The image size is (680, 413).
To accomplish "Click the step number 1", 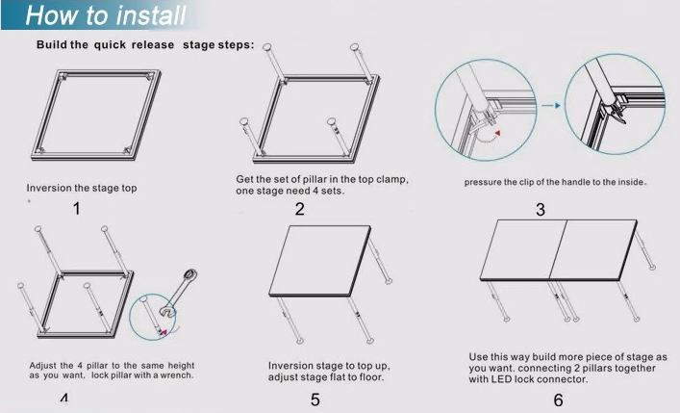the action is click(77, 209).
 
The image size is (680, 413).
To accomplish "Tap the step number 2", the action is click(300, 209).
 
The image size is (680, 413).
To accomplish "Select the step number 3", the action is click(540, 210).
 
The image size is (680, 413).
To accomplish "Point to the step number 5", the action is click(315, 400).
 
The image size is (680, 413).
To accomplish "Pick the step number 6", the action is click(559, 400).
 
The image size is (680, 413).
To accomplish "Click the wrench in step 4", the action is click(178, 292).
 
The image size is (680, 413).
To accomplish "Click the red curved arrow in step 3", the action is click(489, 137).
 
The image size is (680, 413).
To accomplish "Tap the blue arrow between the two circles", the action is click(551, 106).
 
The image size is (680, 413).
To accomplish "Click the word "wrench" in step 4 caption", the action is click(178, 375).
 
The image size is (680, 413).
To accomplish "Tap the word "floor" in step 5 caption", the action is click(371, 377).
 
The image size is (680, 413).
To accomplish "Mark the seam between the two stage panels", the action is click(558, 249).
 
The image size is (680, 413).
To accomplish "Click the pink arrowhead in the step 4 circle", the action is click(164, 332).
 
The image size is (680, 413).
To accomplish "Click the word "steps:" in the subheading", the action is click(237, 45).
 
